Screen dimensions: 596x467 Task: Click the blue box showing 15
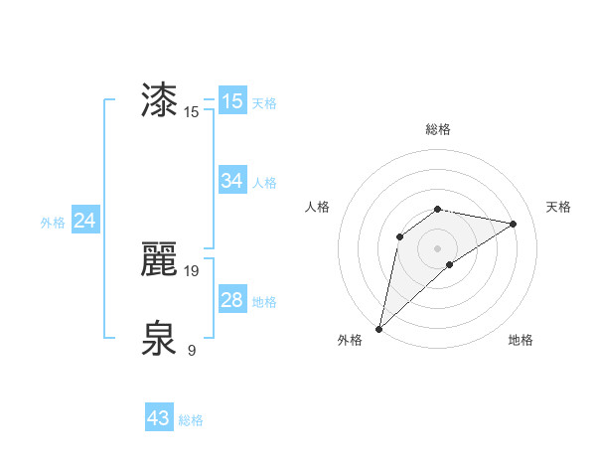[232, 101]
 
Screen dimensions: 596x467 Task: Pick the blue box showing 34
[232, 180]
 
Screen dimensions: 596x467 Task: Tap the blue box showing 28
[232, 300]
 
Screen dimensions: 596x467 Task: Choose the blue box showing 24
[85, 221]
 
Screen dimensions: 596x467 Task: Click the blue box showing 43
[159, 418]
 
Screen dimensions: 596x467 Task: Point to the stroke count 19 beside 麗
[193, 270]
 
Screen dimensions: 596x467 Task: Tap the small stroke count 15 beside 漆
[192, 112]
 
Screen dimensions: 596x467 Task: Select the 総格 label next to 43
[191, 420]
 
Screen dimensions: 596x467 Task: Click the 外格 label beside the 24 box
[53, 223]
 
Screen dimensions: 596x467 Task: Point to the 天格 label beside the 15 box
[264, 103]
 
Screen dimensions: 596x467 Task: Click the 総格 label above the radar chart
[437, 129]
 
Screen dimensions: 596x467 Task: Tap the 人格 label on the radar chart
[318, 207]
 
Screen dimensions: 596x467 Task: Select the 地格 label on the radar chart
[521, 340]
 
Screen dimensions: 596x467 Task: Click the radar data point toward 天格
[514, 224]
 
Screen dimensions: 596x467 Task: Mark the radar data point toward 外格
[378, 328]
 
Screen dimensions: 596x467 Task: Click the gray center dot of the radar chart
[437, 247]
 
